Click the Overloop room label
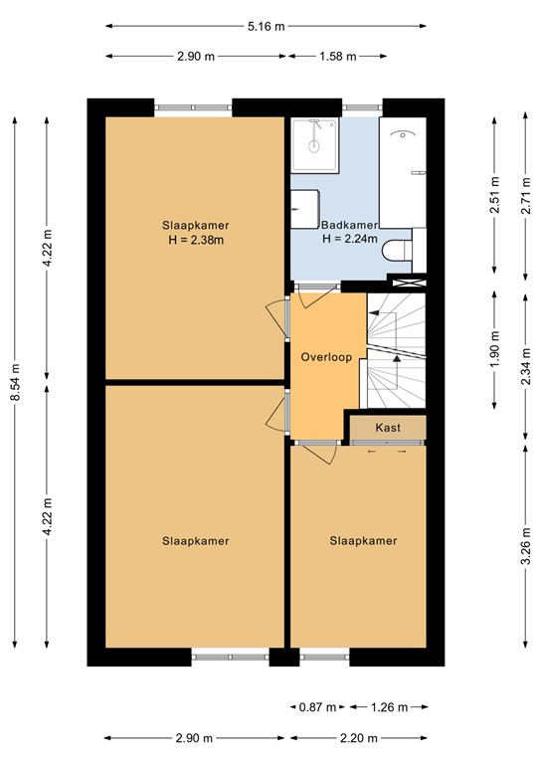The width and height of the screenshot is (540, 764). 326,357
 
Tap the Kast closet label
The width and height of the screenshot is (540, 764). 388,428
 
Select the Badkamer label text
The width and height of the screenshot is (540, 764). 350,225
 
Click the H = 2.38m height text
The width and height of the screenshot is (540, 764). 196,240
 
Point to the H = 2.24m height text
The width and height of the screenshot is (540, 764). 350,239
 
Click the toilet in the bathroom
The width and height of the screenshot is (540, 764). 397,251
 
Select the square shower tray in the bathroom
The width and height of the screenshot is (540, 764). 314,145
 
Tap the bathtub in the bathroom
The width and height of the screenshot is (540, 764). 403,172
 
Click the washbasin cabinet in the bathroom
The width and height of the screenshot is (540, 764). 305,209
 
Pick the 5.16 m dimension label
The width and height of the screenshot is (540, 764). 266,26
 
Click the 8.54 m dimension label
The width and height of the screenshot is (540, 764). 15,382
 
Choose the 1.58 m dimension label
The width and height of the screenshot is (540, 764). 338,57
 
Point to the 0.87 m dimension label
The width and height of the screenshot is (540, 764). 317,707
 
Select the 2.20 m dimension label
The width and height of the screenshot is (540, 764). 359,738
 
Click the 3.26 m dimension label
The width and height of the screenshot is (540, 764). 526,546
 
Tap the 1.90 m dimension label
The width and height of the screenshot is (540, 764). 495,350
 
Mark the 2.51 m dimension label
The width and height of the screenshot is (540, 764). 495,194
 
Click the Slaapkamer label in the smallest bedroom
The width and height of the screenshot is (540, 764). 363,541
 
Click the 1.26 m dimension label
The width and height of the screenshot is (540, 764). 389,707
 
